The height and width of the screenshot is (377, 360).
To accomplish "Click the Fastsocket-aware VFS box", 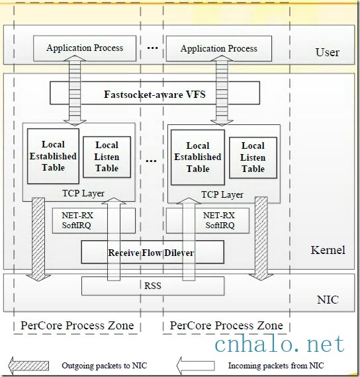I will pyautogui.click(x=154, y=94).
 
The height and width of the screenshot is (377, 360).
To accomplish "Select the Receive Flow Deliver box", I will pyautogui.click(x=152, y=252).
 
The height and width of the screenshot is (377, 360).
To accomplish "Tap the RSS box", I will pyautogui.click(x=152, y=286).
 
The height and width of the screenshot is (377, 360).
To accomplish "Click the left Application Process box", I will pyautogui.click(x=84, y=48).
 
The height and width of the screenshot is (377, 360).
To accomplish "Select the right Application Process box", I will pyautogui.click(x=218, y=48).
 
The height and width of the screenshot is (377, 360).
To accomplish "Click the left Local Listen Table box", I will pyautogui.click(x=107, y=157).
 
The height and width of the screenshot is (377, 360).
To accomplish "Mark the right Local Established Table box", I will pyautogui.click(x=198, y=157).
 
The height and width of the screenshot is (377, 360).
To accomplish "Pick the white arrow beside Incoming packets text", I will pyautogui.click(x=195, y=364).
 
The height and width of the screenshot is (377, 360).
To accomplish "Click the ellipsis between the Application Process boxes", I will pyautogui.click(x=152, y=48).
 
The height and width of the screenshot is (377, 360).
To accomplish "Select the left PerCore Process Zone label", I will pyautogui.click(x=77, y=325).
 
